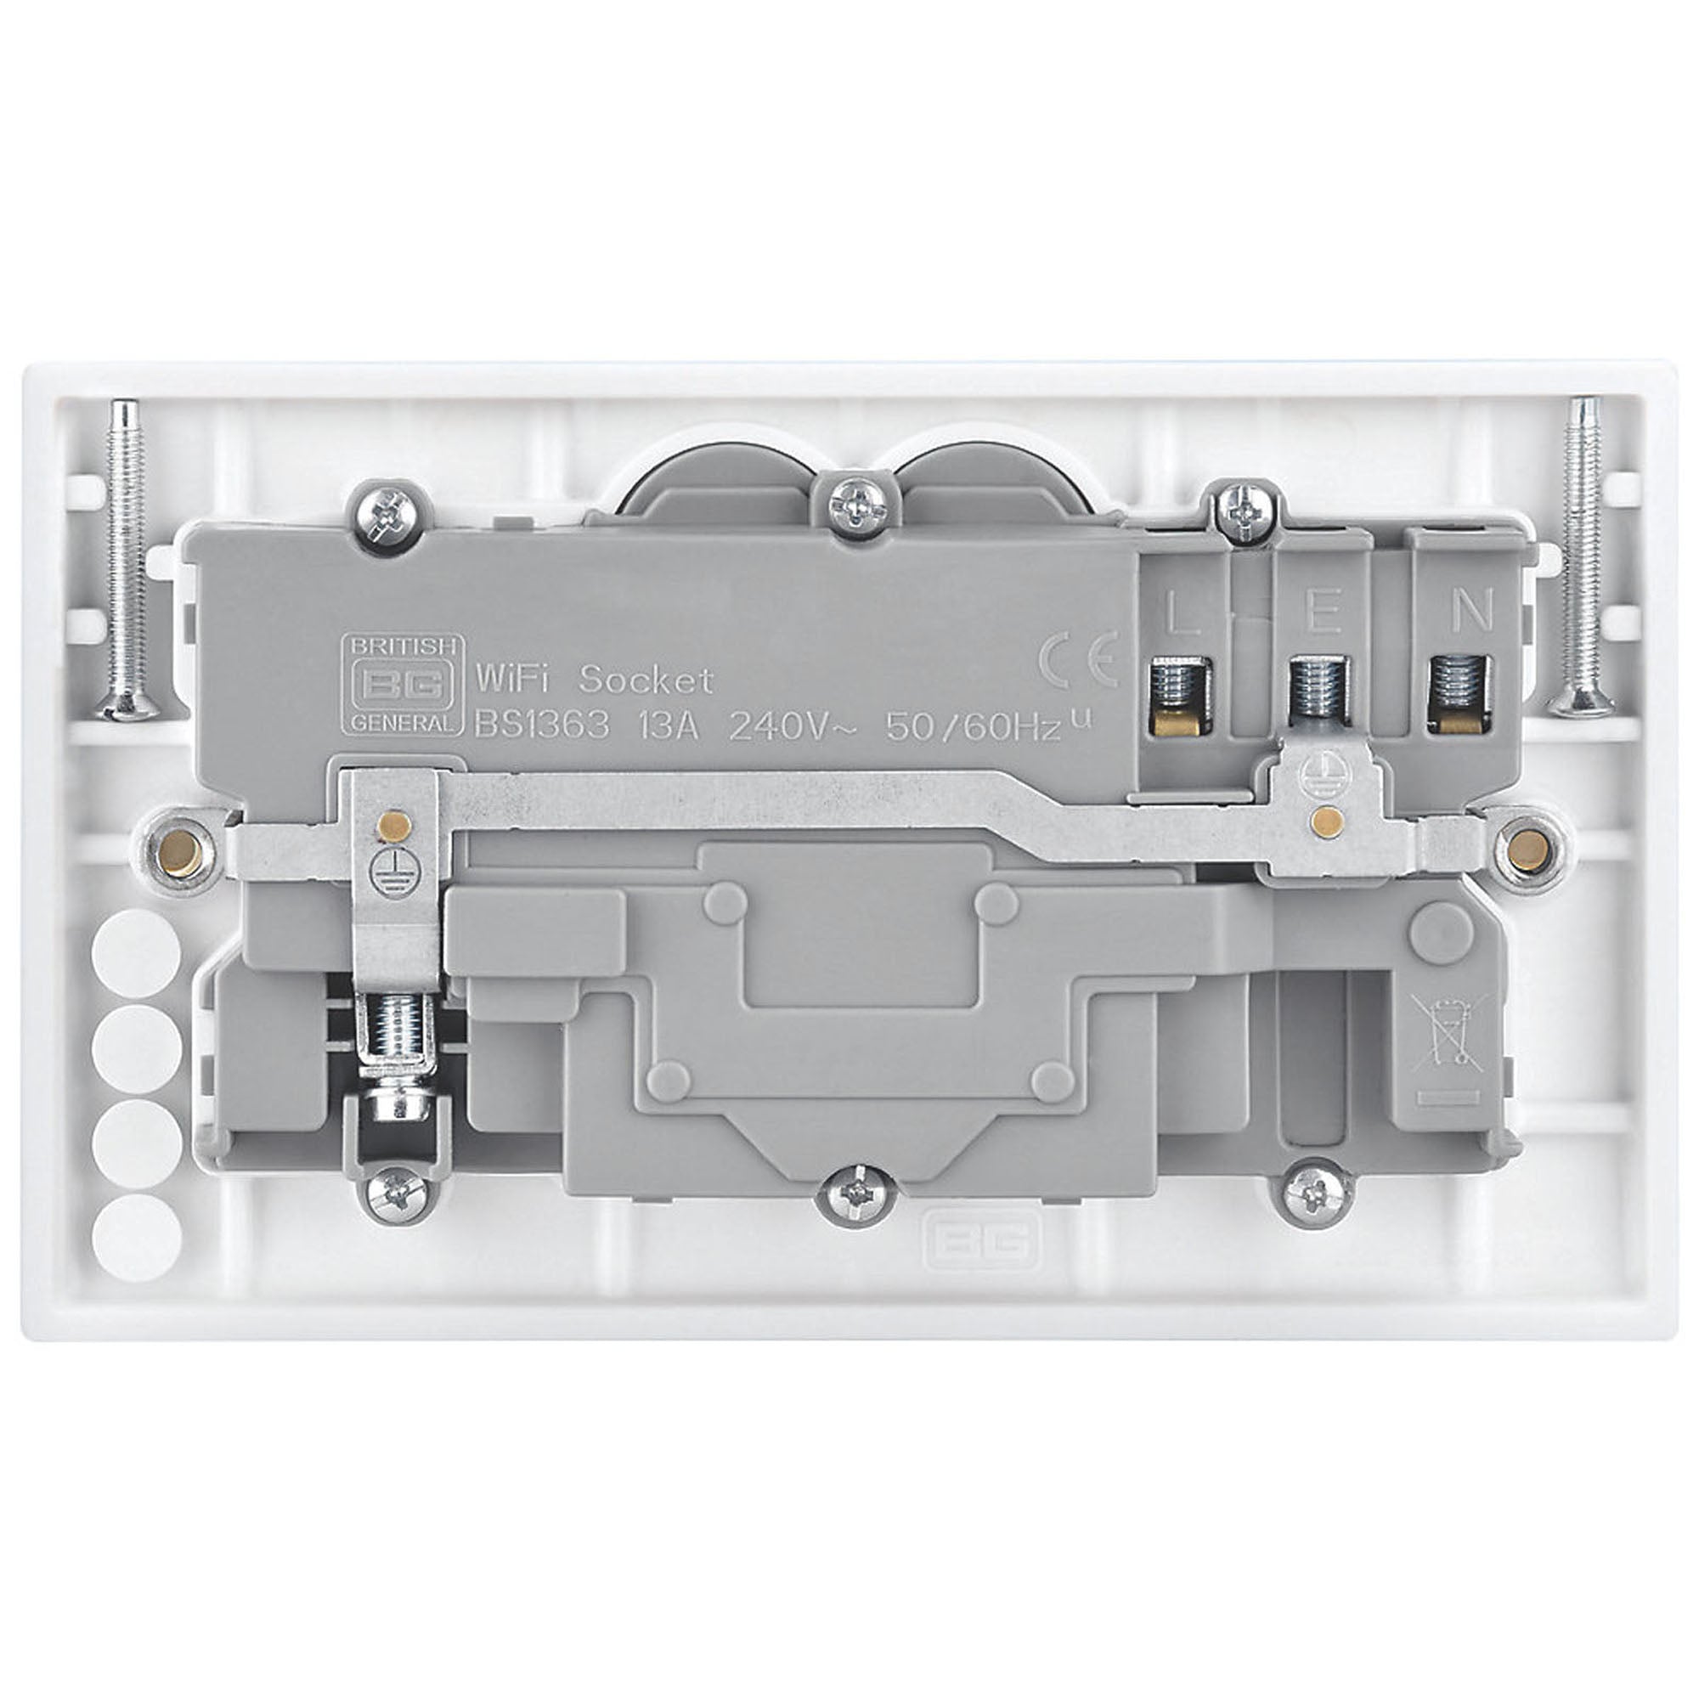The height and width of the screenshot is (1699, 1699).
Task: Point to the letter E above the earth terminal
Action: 1324,613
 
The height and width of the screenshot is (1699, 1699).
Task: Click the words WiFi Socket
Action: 594,679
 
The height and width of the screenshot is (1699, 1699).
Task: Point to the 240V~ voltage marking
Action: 789,727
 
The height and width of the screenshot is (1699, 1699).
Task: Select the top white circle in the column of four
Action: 136,946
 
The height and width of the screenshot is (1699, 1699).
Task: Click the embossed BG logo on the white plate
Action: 979,1242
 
